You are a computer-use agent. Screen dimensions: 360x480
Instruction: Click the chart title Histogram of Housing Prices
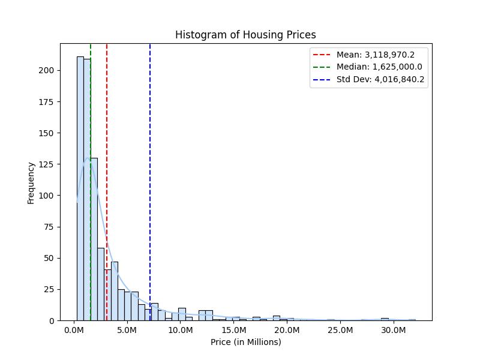click(245, 35)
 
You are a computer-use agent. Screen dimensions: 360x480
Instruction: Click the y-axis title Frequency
click(31, 182)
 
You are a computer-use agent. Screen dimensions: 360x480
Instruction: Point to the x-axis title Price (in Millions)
click(245, 342)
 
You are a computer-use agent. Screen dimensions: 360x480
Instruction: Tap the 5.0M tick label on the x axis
click(127, 330)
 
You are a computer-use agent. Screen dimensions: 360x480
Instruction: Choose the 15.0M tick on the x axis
click(233, 330)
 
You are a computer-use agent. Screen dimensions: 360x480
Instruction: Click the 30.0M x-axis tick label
click(393, 330)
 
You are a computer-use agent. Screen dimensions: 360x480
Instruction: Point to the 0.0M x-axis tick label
click(74, 330)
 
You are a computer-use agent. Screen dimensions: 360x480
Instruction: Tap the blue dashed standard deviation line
click(150, 180)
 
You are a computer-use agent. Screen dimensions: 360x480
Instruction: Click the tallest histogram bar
click(80, 192)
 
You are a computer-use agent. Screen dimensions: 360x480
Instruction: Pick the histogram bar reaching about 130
click(94, 240)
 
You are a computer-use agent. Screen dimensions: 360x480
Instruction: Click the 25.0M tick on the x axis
click(340, 330)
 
